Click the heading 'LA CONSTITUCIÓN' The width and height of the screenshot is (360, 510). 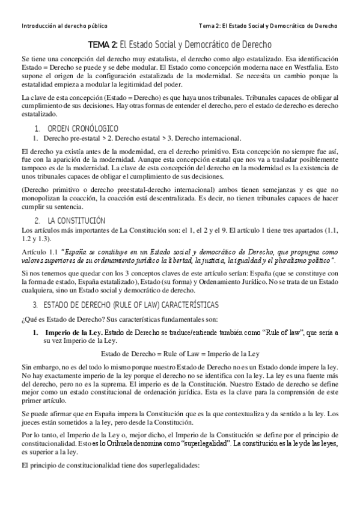coord(76,221)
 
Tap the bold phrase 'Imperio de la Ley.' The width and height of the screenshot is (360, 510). coord(70,332)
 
